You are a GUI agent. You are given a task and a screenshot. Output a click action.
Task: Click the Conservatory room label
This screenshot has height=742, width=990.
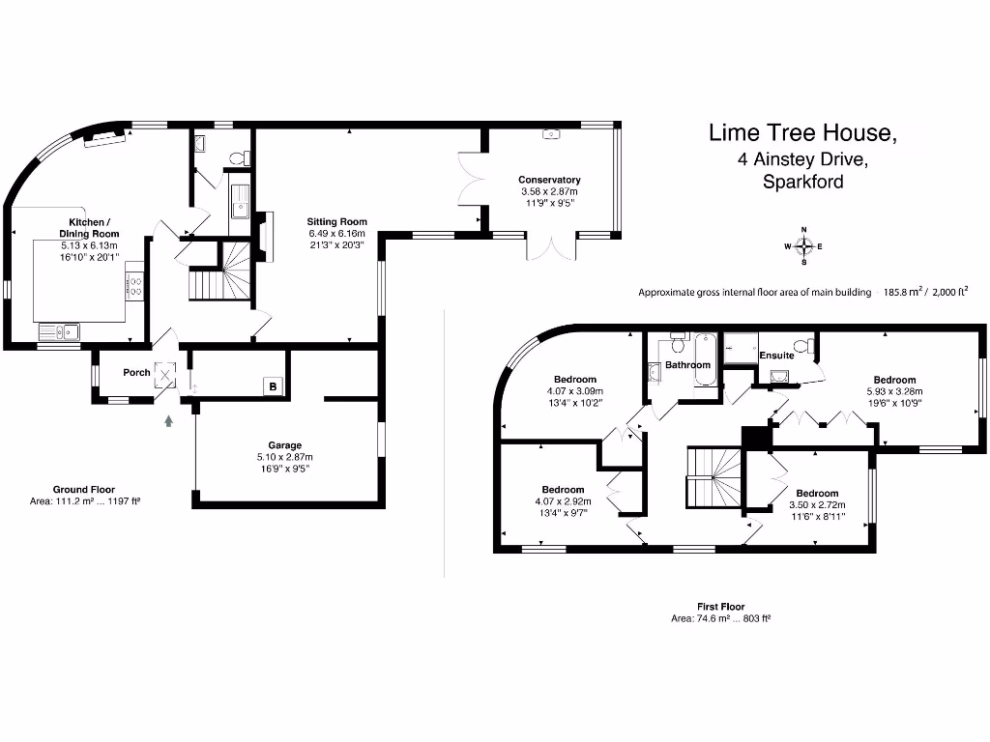pyautogui.click(x=549, y=180)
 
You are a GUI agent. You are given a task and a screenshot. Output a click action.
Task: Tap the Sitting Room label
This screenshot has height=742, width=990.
pyautogui.click(x=336, y=221)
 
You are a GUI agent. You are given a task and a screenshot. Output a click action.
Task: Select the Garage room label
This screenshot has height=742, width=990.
pyautogui.click(x=285, y=444)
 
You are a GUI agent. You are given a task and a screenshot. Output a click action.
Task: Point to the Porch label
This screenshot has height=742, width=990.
pyautogui.click(x=136, y=372)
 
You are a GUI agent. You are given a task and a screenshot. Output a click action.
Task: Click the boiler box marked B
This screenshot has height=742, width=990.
pyautogui.click(x=273, y=386)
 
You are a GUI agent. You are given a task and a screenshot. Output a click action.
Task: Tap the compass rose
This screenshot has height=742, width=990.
pyautogui.click(x=803, y=246)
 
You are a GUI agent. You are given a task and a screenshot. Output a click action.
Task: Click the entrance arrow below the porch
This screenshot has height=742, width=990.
pyautogui.click(x=168, y=421)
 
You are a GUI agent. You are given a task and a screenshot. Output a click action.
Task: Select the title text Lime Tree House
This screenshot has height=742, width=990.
pyautogui.click(x=802, y=132)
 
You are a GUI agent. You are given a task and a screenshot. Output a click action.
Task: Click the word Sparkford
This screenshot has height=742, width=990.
pyautogui.click(x=803, y=182)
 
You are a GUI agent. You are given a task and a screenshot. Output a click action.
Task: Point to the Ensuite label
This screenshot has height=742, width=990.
pyautogui.click(x=776, y=356)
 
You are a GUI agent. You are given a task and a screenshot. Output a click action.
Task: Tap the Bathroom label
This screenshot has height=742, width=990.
pyautogui.click(x=687, y=364)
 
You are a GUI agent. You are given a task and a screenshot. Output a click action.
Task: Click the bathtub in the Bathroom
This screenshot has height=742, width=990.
pyautogui.click(x=705, y=359)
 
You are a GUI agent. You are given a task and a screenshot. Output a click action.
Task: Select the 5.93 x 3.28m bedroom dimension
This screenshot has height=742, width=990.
pyautogui.click(x=894, y=391)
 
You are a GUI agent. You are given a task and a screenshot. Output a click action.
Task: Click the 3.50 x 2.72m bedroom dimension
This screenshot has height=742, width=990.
pyautogui.click(x=817, y=504)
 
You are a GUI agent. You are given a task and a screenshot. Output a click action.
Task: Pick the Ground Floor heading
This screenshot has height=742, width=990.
pyautogui.click(x=84, y=490)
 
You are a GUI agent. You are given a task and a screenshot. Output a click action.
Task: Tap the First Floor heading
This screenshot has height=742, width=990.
pyautogui.click(x=721, y=607)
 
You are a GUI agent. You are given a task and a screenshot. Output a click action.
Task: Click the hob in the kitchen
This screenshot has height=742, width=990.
pyautogui.click(x=135, y=285)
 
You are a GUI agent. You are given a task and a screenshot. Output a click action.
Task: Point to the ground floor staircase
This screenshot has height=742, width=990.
pyautogui.click(x=221, y=271)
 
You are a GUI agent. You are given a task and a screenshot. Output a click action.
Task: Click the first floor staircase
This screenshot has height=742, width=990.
pyautogui.click(x=714, y=477)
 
